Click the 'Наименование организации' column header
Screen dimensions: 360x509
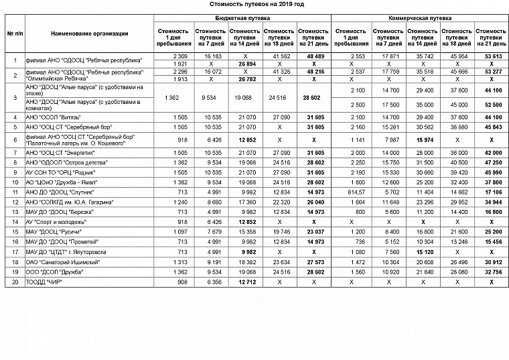[90, 34]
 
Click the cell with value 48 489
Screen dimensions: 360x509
[313, 57]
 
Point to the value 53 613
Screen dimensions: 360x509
[492, 57]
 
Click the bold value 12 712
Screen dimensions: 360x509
[244, 282]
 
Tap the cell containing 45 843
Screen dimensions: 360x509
[492, 126]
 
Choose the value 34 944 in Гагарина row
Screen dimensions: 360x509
[492, 201]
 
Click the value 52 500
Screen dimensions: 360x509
[492, 105]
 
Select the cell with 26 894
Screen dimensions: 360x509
[244, 64]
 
